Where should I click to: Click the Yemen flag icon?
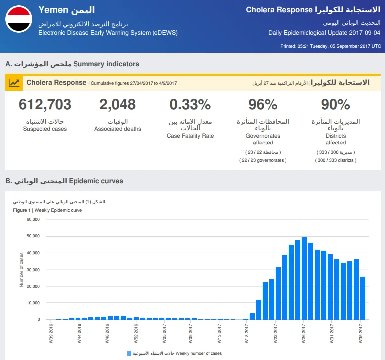pos(19,19)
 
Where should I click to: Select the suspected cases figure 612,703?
pos(45,104)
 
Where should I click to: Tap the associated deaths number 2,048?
pos(117,104)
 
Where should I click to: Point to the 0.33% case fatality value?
pos(190,104)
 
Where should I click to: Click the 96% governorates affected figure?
pos(263,104)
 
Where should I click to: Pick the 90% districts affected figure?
pos(335,104)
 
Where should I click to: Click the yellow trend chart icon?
pos(14,83)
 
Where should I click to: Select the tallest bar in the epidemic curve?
pos(304,278)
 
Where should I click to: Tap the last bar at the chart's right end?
pos(363,298)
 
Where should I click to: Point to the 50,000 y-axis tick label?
pos(33,236)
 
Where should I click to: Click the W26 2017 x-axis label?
pos(303,333)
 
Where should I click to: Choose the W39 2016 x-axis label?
pos(51,333)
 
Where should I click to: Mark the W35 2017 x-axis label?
pos(361,333)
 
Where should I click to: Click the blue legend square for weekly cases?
pos(129,353)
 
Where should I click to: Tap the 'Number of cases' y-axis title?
pos(21,270)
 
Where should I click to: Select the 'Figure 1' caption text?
pos(22,210)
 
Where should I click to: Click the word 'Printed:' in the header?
pos(288,46)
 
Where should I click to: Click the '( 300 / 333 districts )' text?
pos(336,160)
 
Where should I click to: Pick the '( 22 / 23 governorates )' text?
pos(263,160)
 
